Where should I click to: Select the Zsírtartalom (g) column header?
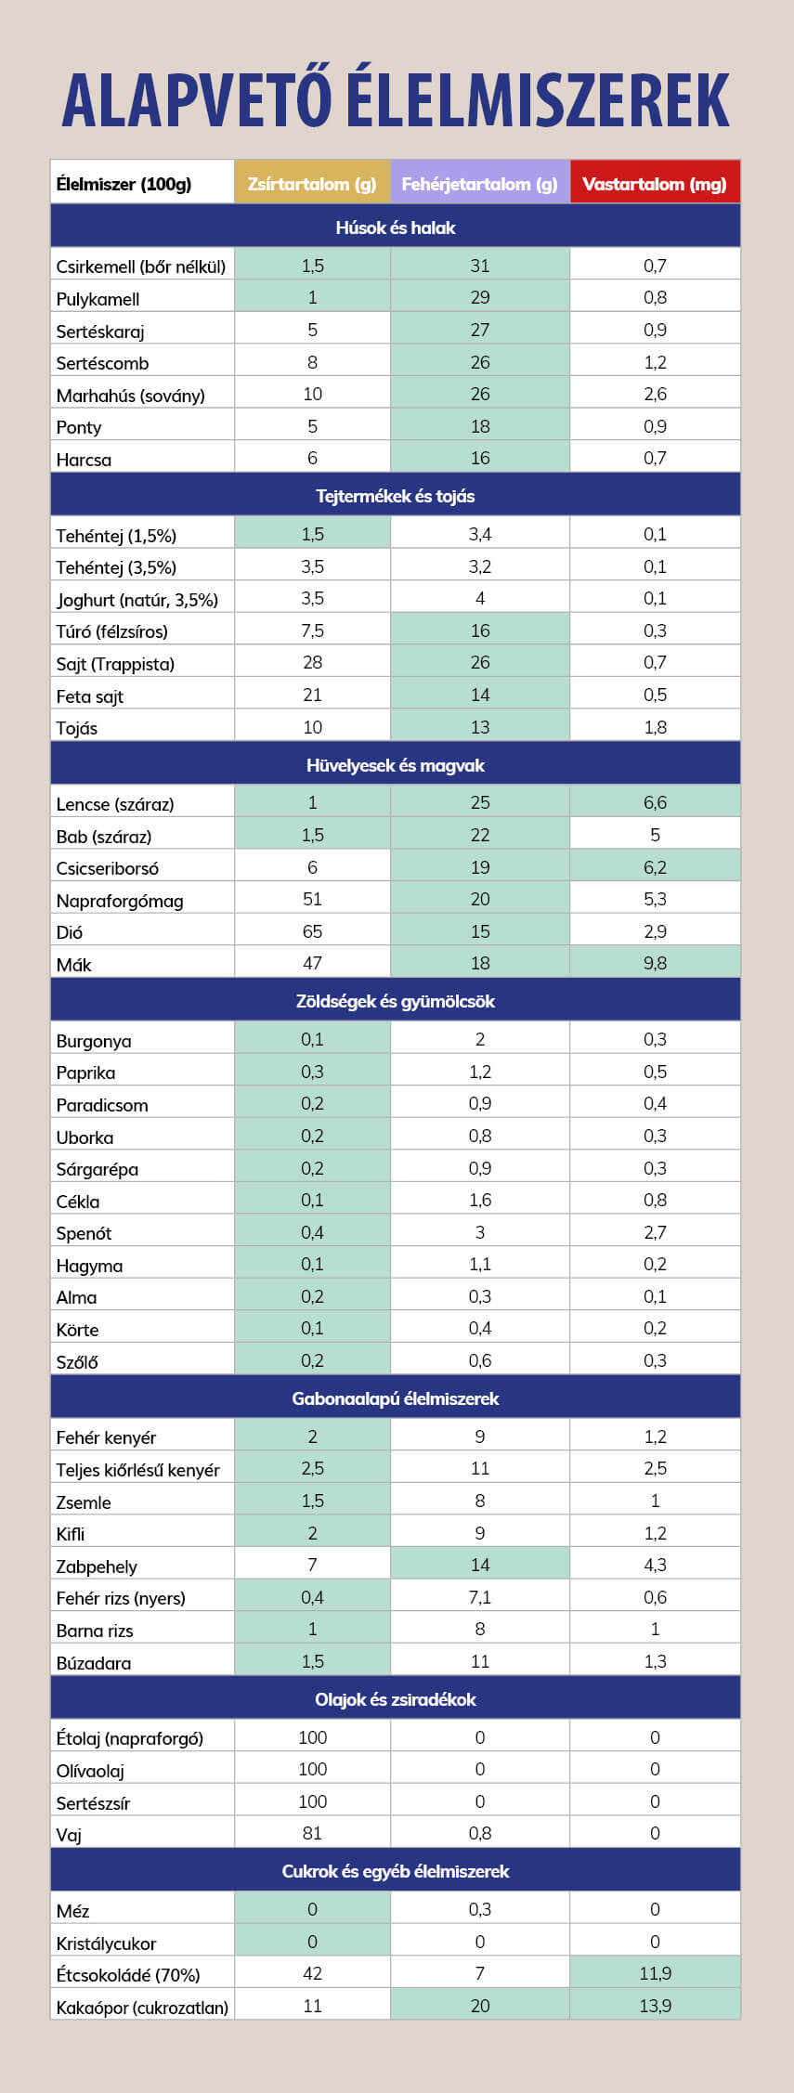click(x=312, y=184)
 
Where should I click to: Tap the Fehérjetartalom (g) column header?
click(x=479, y=184)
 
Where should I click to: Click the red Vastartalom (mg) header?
click(x=655, y=184)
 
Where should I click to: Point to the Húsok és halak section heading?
click(x=396, y=227)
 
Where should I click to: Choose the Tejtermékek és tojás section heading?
click(x=396, y=496)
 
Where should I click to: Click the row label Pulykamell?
click(x=98, y=299)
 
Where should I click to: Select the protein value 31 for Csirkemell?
click(x=479, y=266)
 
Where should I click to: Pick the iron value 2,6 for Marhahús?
click(x=655, y=394)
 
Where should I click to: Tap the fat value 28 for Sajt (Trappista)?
click(x=312, y=662)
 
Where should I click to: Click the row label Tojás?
click(x=76, y=728)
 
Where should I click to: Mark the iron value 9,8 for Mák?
click(x=655, y=963)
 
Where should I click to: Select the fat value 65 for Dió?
click(x=312, y=931)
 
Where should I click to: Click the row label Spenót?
click(x=84, y=1233)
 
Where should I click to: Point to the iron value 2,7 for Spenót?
click(x=655, y=1232)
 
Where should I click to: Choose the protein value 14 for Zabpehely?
click(x=479, y=1565)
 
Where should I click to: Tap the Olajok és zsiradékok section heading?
click(x=396, y=1699)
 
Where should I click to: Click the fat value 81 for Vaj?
click(x=312, y=1833)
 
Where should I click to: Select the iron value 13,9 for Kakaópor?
click(x=655, y=2006)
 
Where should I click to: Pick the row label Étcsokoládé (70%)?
click(x=128, y=1975)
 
